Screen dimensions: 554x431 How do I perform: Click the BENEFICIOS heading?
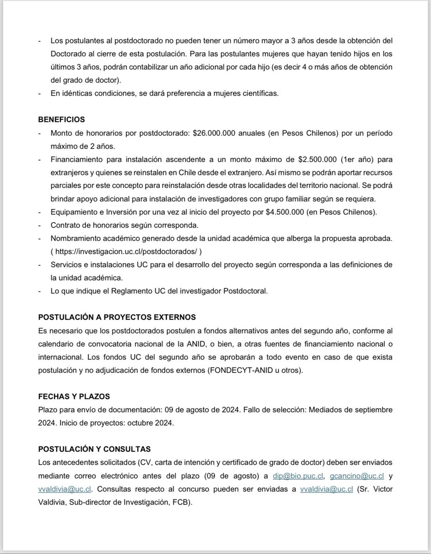tap(61, 120)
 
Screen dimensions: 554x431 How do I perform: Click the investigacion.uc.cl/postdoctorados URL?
tap(128, 252)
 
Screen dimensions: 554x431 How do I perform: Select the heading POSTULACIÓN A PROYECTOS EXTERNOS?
tap(117, 317)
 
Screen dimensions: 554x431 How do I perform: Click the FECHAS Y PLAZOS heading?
tap(74, 397)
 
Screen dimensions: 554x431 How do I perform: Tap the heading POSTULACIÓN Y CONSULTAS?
tap(94, 449)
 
